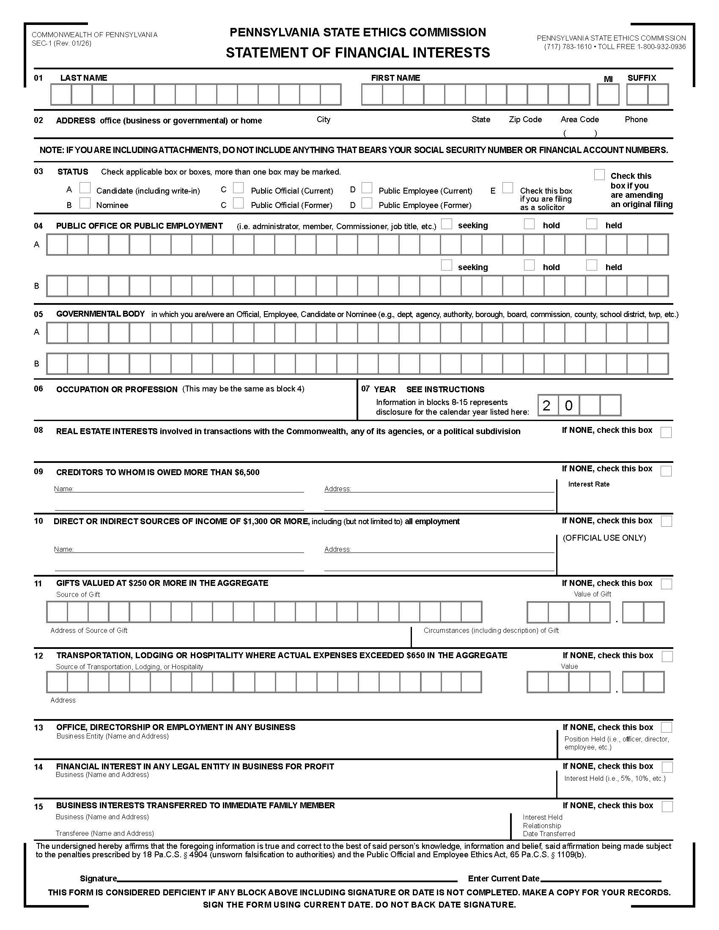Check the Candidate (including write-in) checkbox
85,188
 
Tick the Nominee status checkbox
85,202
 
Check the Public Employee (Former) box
367,202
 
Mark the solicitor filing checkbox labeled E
507,188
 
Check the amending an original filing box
599,175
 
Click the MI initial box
608,95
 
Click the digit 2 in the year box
547,405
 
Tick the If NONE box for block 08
666,432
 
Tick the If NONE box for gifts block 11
666,584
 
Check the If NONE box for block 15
667,807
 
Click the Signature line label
99,878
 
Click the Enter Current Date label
503,878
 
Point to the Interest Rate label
589,484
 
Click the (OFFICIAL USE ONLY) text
604,538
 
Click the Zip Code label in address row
525,120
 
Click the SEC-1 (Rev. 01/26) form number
61,44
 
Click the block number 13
38,728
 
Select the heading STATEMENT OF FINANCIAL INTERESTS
358,53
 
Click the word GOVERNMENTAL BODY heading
101,314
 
